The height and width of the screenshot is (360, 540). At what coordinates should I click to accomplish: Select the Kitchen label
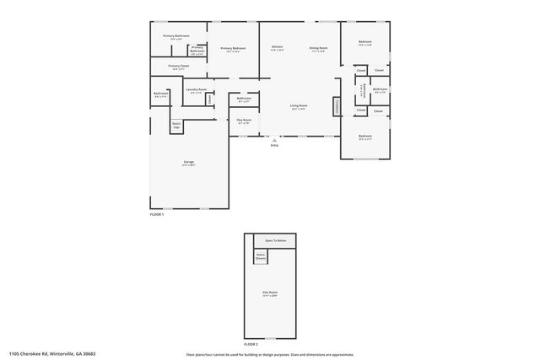coord(277,49)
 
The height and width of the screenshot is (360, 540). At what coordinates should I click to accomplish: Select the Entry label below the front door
coord(274,145)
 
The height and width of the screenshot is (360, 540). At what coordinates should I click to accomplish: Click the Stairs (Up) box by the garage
coord(177,126)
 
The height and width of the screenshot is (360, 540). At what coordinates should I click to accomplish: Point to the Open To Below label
coord(275,240)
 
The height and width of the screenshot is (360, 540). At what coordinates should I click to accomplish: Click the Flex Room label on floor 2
coord(269,294)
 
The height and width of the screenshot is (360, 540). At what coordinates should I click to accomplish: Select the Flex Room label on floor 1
coord(243,122)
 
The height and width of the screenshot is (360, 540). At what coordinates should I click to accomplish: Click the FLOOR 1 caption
coord(157,215)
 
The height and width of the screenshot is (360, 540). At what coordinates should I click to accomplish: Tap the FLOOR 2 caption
coord(251,344)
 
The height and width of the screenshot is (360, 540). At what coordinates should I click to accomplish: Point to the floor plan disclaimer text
coord(269,354)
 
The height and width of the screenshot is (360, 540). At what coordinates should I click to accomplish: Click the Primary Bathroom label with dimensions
coord(175,37)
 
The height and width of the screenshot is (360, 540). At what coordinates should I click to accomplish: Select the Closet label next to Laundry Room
coord(209,99)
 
